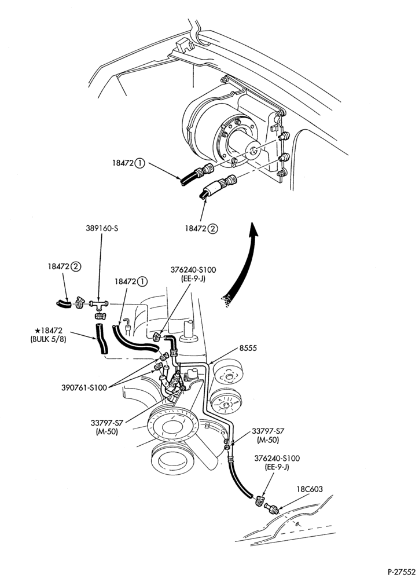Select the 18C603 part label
pyautogui.click(x=310, y=489)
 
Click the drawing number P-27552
pyautogui.click(x=401, y=571)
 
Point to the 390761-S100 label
pyautogui.click(x=84, y=388)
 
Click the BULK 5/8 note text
pyautogui.click(x=49, y=339)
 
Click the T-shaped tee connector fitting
pyautogui.click(x=98, y=305)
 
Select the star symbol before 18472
pyautogui.click(x=36, y=330)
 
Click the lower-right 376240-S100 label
pyautogui.click(x=277, y=458)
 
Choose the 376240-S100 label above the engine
pyautogui.click(x=193, y=270)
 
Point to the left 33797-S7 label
pyautogui.click(x=105, y=422)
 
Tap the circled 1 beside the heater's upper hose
pyautogui.click(x=140, y=163)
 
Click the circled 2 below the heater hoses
pyautogui.click(x=213, y=229)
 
